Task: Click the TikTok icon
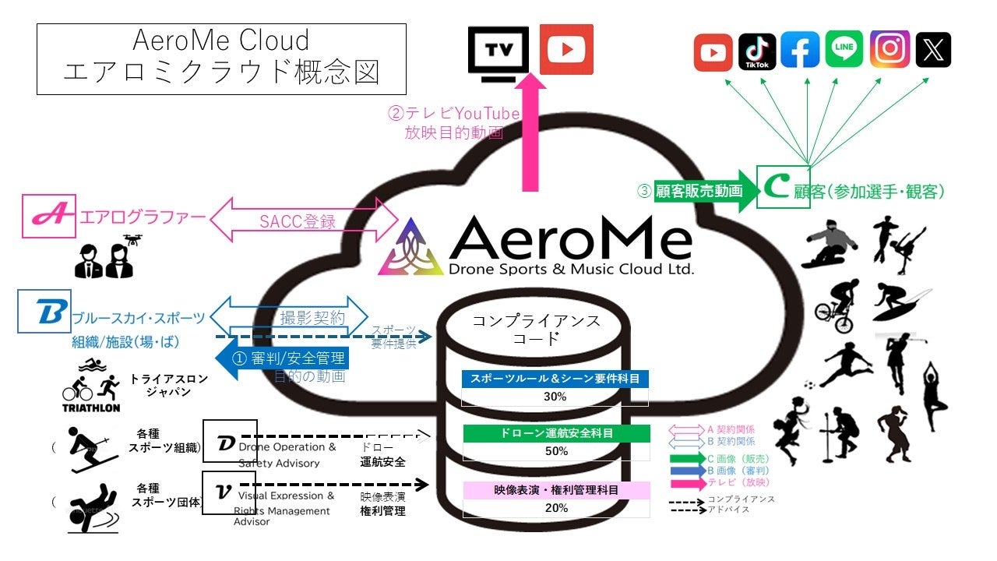click(x=757, y=51)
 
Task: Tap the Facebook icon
click(x=801, y=51)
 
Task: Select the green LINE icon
click(x=844, y=51)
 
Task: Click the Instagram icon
click(x=889, y=51)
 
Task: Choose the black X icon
click(x=933, y=51)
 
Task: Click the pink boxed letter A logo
click(x=48, y=216)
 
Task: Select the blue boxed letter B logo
click(x=44, y=312)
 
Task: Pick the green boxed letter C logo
click(x=784, y=188)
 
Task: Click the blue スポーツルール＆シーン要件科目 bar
click(x=555, y=379)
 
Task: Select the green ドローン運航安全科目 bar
click(x=555, y=432)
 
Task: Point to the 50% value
click(x=555, y=451)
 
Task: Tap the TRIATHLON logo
click(x=91, y=386)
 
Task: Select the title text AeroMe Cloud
click(x=221, y=40)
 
